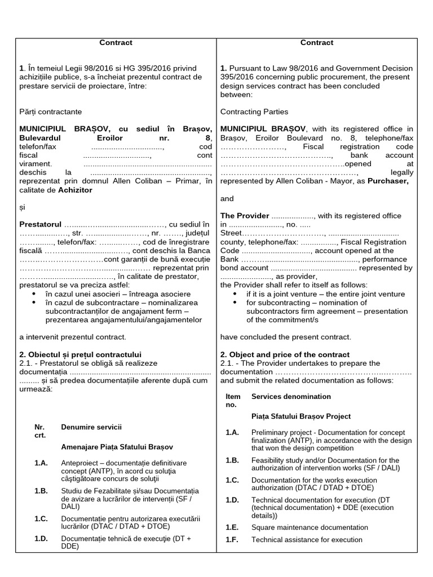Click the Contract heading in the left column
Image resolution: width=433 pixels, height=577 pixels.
point(116,42)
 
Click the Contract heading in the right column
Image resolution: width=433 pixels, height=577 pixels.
point(316,42)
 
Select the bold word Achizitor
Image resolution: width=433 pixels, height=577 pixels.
point(75,190)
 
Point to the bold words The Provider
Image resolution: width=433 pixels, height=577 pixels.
point(244,216)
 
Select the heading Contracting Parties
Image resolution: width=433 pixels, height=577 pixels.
point(254,112)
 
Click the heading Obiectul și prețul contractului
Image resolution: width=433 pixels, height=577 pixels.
point(80,354)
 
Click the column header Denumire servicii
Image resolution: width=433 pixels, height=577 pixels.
point(91,427)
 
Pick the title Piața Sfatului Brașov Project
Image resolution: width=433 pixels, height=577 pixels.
point(301,416)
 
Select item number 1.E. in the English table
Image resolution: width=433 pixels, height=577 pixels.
point(232,527)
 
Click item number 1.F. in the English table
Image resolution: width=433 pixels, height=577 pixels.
point(232,540)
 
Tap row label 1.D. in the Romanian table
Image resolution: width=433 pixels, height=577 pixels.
point(41,539)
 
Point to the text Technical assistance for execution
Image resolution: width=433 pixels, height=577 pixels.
point(307,540)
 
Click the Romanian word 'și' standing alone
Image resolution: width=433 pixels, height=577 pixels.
point(23,207)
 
